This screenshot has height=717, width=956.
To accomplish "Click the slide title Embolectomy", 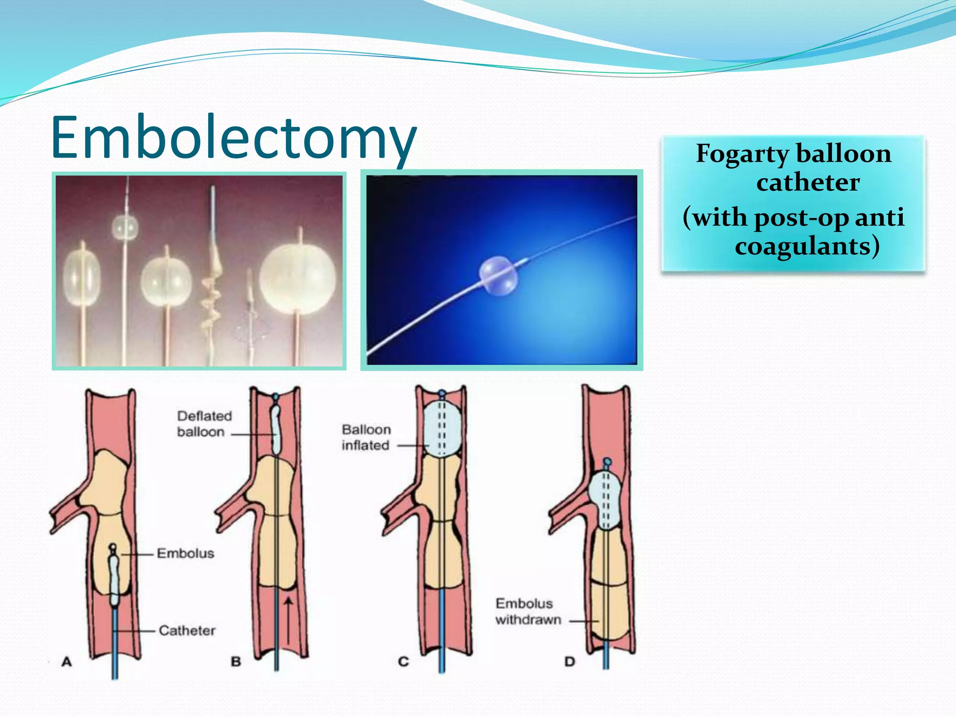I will click(233, 138).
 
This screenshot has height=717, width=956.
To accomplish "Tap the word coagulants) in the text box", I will click(807, 246).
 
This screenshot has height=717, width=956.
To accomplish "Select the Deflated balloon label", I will click(204, 423).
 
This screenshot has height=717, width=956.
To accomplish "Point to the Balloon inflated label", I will click(366, 437).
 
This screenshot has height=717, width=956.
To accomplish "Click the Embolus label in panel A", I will click(185, 554).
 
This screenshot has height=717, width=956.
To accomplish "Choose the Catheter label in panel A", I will click(187, 631).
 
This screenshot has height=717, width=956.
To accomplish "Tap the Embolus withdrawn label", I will click(528, 612).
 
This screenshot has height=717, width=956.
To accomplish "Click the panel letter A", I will click(67, 661).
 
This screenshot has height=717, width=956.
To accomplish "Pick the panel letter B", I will click(236, 661).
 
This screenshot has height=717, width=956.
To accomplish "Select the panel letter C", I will click(403, 661).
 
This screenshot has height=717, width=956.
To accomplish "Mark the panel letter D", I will click(569, 661).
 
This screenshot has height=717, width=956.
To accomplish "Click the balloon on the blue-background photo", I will click(498, 276).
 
